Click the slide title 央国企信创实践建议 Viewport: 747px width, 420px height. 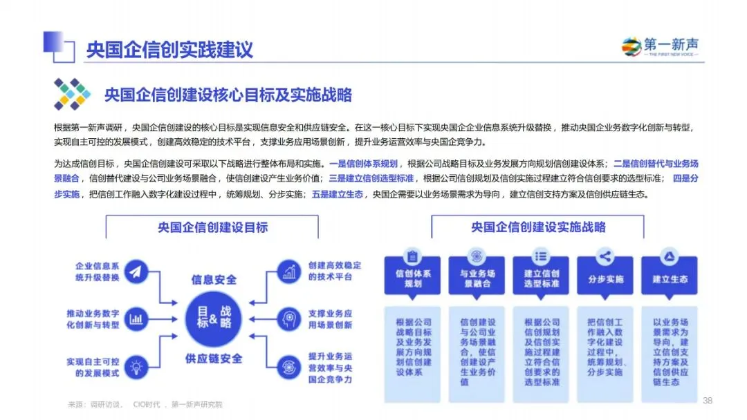point(169,50)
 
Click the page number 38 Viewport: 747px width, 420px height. point(707,401)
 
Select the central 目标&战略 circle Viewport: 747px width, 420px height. point(214,318)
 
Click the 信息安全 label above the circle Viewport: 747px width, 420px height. point(214,280)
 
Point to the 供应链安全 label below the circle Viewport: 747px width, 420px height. point(214,359)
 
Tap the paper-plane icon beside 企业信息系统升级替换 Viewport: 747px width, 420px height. point(136,271)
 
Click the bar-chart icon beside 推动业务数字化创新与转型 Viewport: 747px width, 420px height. point(136,318)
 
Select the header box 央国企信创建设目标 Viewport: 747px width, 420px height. point(212,227)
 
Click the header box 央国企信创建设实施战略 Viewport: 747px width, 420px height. point(538,227)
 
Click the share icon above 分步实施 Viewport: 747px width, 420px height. point(605,258)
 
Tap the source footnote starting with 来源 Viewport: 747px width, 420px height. point(145,404)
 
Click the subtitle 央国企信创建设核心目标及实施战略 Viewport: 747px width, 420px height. point(228,95)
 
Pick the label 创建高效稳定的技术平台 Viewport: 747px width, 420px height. point(335,271)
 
